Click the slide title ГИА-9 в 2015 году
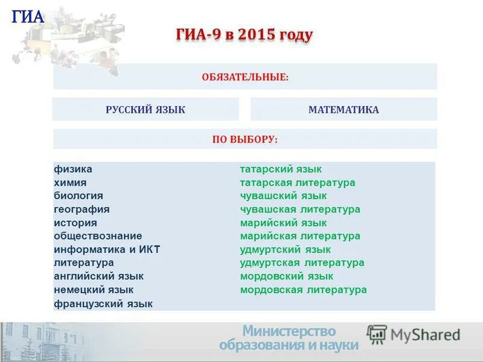[x=244, y=36]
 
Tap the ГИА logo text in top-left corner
[x=28, y=17]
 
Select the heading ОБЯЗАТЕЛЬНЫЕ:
[x=245, y=77]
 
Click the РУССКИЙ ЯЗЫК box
[x=146, y=110]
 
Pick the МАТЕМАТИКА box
[x=344, y=110]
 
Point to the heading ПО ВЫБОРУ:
[x=245, y=139]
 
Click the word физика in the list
[x=73, y=170]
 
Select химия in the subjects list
[x=70, y=183]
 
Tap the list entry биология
[x=78, y=196]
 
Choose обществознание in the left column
[x=98, y=236]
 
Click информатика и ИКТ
[x=107, y=250]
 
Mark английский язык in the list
[x=98, y=276]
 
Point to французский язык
[x=103, y=303]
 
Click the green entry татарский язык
[x=281, y=170]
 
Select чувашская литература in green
[x=300, y=209]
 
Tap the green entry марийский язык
[x=283, y=223]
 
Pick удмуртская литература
[x=302, y=263]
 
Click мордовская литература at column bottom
[x=303, y=290]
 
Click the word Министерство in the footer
[x=289, y=331]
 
